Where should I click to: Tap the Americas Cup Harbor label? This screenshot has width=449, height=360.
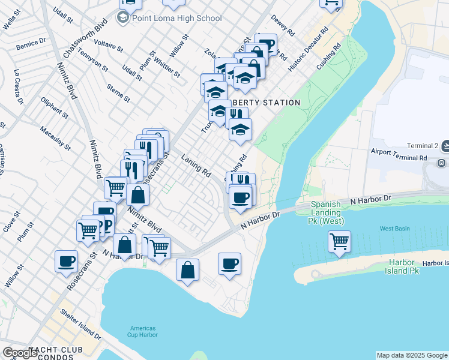point(142,332)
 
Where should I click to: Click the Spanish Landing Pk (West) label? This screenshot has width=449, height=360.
point(327,212)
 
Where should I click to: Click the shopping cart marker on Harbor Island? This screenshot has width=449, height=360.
point(339,242)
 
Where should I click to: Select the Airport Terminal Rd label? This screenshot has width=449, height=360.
point(398,155)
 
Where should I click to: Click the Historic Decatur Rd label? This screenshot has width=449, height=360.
point(307,50)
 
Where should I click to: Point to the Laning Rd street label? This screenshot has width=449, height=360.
point(196,164)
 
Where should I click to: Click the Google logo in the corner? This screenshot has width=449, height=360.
point(20,353)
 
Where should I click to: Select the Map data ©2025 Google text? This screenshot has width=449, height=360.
point(412,355)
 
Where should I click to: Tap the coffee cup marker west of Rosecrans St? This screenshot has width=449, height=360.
point(66,262)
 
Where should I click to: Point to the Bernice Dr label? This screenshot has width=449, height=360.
point(31,43)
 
